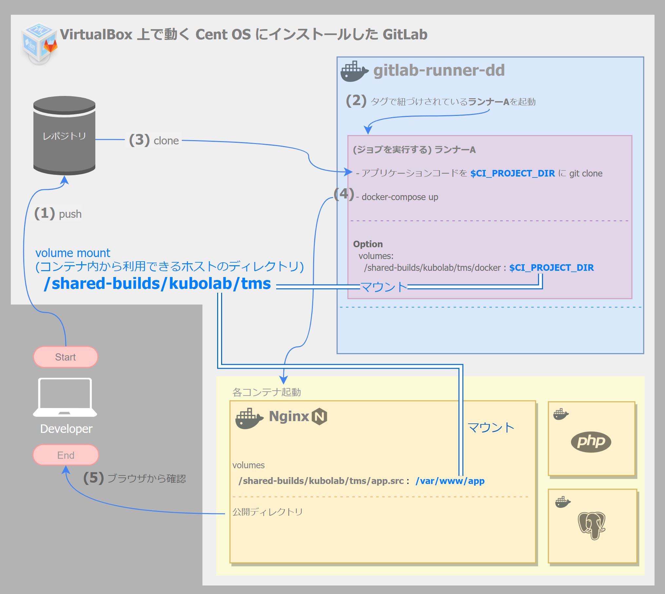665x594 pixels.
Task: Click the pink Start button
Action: (66, 357)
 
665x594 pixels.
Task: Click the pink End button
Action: (66, 455)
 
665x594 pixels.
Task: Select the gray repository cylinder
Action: (64, 136)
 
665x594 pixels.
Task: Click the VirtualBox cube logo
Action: (39, 43)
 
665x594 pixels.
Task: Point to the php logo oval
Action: (591, 442)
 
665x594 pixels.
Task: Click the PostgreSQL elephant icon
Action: (592, 525)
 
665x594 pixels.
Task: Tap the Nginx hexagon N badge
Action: (319, 417)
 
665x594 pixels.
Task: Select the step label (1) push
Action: (58, 213)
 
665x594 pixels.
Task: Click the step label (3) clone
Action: (154, 140)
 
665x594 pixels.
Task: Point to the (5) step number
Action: (93, 478)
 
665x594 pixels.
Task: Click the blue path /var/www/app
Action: (450, 481)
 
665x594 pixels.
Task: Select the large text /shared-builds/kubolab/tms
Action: (158, 283)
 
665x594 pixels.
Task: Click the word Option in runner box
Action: (368, 244)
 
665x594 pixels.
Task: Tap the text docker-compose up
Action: (400, 197)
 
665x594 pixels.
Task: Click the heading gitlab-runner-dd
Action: (439, 70)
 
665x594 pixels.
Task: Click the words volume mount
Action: (73, 253)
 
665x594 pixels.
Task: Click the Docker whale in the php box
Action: (560, 414)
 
